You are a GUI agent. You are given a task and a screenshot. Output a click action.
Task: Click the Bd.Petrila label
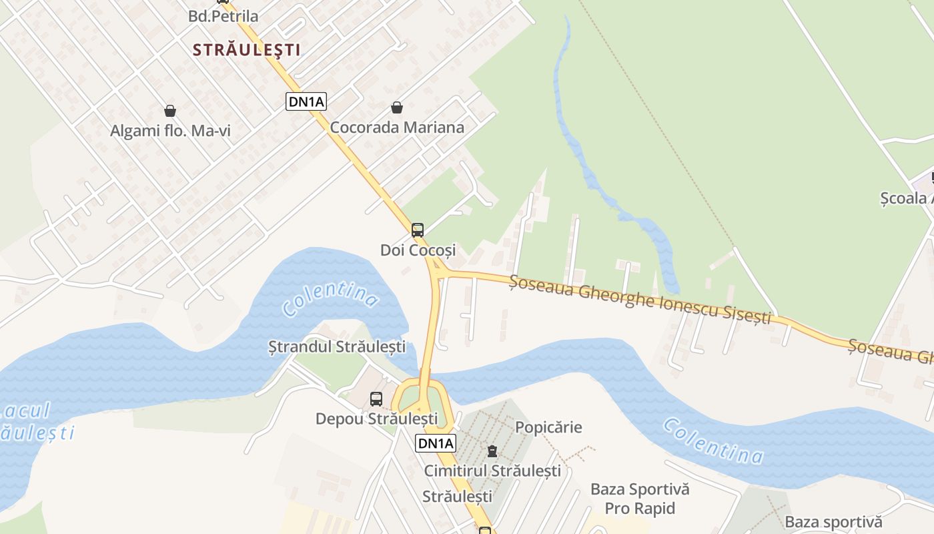pos(223,16)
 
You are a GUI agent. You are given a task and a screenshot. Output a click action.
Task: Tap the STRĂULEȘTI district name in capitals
pos(246,49)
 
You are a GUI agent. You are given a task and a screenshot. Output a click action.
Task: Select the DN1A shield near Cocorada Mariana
pos(306,102)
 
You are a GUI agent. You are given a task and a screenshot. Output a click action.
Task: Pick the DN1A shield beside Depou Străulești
pos(436,443)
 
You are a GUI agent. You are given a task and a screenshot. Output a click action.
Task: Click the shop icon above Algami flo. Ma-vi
pos(170,111)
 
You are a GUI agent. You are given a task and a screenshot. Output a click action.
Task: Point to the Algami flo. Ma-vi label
pos(170,131)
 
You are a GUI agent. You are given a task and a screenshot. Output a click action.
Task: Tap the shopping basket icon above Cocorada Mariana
pos(397,107)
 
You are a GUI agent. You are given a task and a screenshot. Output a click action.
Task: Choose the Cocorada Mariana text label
pos(397,127)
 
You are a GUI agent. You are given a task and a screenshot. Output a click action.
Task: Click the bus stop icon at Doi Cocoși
pos(418,230)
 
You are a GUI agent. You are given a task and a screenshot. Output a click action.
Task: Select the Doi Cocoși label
pos(418,250)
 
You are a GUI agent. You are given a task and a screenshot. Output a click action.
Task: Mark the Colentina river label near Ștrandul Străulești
pos(330,298)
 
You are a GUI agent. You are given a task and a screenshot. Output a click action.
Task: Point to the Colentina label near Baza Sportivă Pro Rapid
pos(713,441)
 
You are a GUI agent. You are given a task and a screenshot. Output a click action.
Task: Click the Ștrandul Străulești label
pos(337,346)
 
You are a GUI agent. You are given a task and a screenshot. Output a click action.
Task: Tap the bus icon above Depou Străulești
pos(376,399)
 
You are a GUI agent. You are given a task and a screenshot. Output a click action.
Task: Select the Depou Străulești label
pos(376,419)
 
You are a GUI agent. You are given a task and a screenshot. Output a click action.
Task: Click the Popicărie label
pos(548,427)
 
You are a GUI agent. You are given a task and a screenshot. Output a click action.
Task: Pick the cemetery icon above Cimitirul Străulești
pos(492,451)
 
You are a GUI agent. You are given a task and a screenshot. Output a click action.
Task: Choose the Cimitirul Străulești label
pos(492,471)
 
